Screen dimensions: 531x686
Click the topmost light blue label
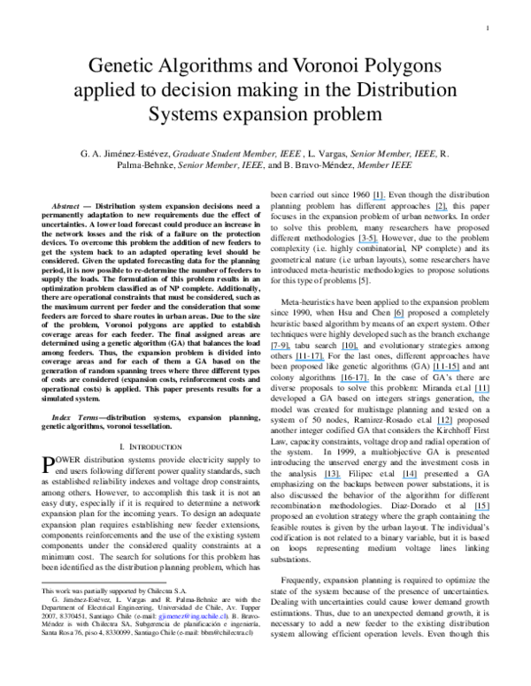pyautogui.click(x=379, y=201)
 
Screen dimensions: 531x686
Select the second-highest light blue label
pyautogui.click(x=442, y=211)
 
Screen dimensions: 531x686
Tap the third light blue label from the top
pyautogui.click(x=368, y=243)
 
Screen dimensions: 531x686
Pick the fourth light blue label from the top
pyautogui.click(x=398, y=318)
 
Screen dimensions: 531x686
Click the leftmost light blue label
pyautogui.click(x=281, y=350)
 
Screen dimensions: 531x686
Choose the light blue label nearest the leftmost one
pyautogui.click(x=310, y=361)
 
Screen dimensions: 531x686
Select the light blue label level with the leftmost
pyautogui.click(x=350, y=350)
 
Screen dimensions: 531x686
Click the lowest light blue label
pyautogui.click(x=482, y=511)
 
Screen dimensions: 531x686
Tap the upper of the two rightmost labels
pyautogui.click(x=482, y=393)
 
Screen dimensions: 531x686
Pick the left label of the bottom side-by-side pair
pyautogui.click(x=333, y=478)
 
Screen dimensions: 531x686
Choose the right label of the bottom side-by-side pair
pyautogui.click(x=409, y=478)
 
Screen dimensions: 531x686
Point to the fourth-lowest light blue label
pyautogui.click(x=444, y=425)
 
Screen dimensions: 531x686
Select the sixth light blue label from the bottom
pyautogui.click(x=355, y=383)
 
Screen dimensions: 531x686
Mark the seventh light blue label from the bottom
pyautogui.click(x=446, y=371)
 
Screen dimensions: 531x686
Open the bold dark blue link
pyautogui.click(x=192, y=616)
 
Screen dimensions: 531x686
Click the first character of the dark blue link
pyautogui.click(x=160, y=617)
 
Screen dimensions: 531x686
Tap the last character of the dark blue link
pyautogui.click(x=225, y=616)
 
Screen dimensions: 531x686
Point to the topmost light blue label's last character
pyautogui.click(x=386, y=201)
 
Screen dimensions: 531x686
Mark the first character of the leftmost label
pyautogui.click(x=271, y=350)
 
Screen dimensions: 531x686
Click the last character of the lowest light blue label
pyautogui.click(x=489, y=511)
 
